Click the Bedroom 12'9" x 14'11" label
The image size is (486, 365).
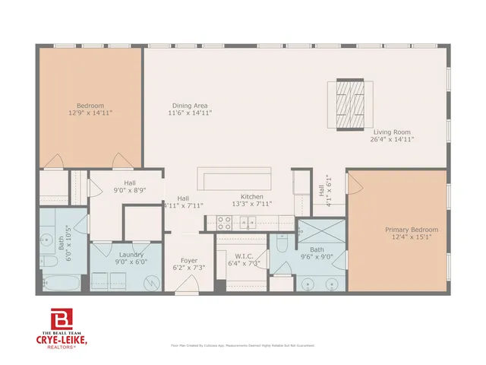(90, 109)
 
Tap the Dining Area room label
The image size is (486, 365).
(190, 109)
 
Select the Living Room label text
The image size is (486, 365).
(392, 135)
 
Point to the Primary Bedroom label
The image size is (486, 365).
(411, 233)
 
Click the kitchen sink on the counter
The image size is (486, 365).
(249, 223)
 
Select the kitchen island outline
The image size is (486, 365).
(235, 179)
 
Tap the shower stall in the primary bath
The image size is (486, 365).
(313, 231)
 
